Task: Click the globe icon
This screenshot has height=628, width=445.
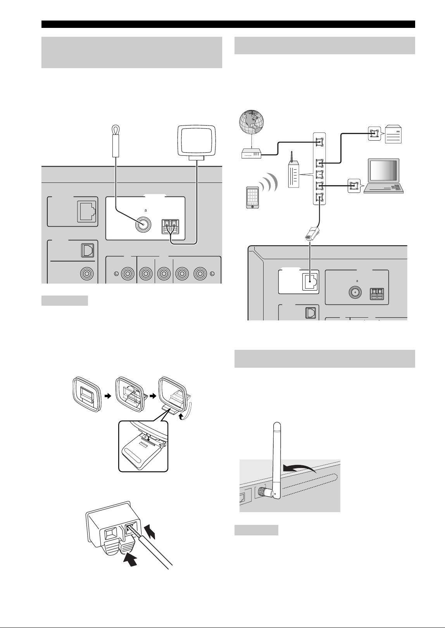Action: click(x=251, y=122)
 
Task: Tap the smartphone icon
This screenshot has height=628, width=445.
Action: click(x=252, y=197)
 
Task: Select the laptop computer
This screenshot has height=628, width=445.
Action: click(x=383, y=176)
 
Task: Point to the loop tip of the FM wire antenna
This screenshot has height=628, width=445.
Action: click(x=115, y=129)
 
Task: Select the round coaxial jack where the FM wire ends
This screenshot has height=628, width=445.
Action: click(x=143, y=225)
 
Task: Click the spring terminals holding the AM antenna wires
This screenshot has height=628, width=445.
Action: click(x=170, y=227)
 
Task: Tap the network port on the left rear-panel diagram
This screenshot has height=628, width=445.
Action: click(x=86, y=212)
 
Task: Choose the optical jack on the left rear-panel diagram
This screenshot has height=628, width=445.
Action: click(x=88, y=251)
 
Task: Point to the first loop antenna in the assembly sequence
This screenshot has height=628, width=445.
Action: click(x=86, y=394)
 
